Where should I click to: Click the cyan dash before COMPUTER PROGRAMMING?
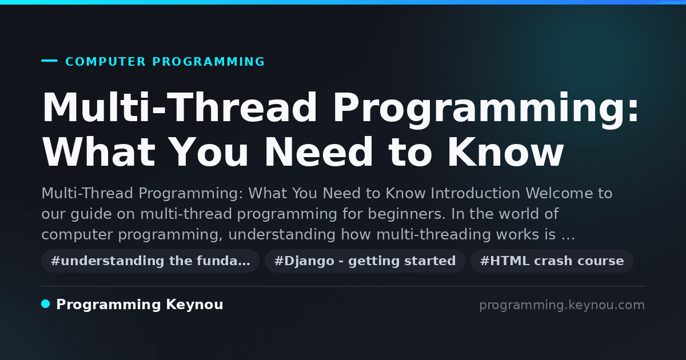(x=49, y=61)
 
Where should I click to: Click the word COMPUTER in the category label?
(x=105, y=62)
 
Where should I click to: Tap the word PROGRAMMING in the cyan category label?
(x=208, y=62)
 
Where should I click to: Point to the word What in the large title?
(x=99, y=152)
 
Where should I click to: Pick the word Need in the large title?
(x=319, y=152)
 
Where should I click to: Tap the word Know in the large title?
(x=505, y=152)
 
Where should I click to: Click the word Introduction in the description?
(x=475, y=194)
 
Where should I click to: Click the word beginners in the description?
(x=406, y=214)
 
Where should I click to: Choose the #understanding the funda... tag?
(x=150, y=261)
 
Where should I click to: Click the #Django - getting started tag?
(x=365, y=261)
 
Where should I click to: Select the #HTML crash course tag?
(x=552, y=261)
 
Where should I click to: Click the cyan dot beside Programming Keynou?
(x=46, y=304)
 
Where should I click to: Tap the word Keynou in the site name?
(x=194, y=305)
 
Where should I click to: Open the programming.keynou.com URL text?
(x=562, y=305)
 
